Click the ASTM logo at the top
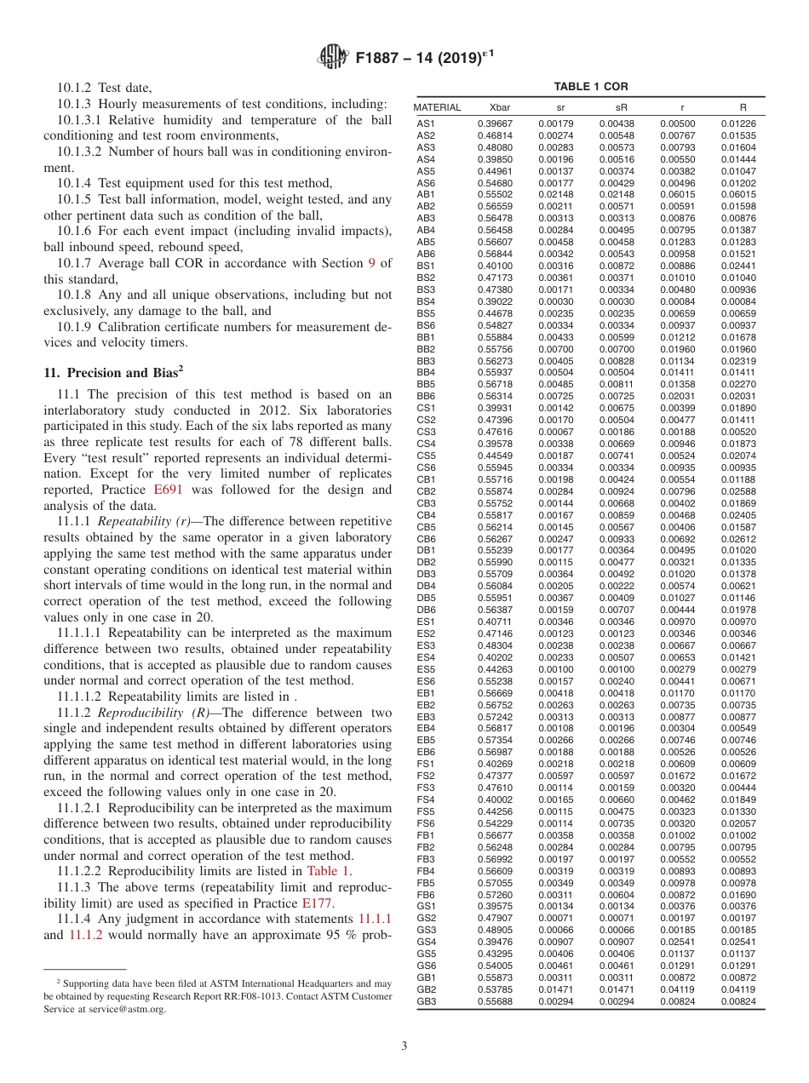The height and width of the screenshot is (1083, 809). click(x=333, y=57)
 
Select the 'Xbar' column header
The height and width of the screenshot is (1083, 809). click(x=500, y=108)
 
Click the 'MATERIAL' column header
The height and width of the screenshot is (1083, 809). click(x=437, y=108)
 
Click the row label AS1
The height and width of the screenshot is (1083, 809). click(x=426, y=123)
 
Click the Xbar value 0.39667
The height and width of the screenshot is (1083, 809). click(x=494, y=123)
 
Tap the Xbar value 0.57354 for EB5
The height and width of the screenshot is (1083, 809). click(x=494, y=740)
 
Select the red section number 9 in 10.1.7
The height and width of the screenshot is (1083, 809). click(x=371, y=263)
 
